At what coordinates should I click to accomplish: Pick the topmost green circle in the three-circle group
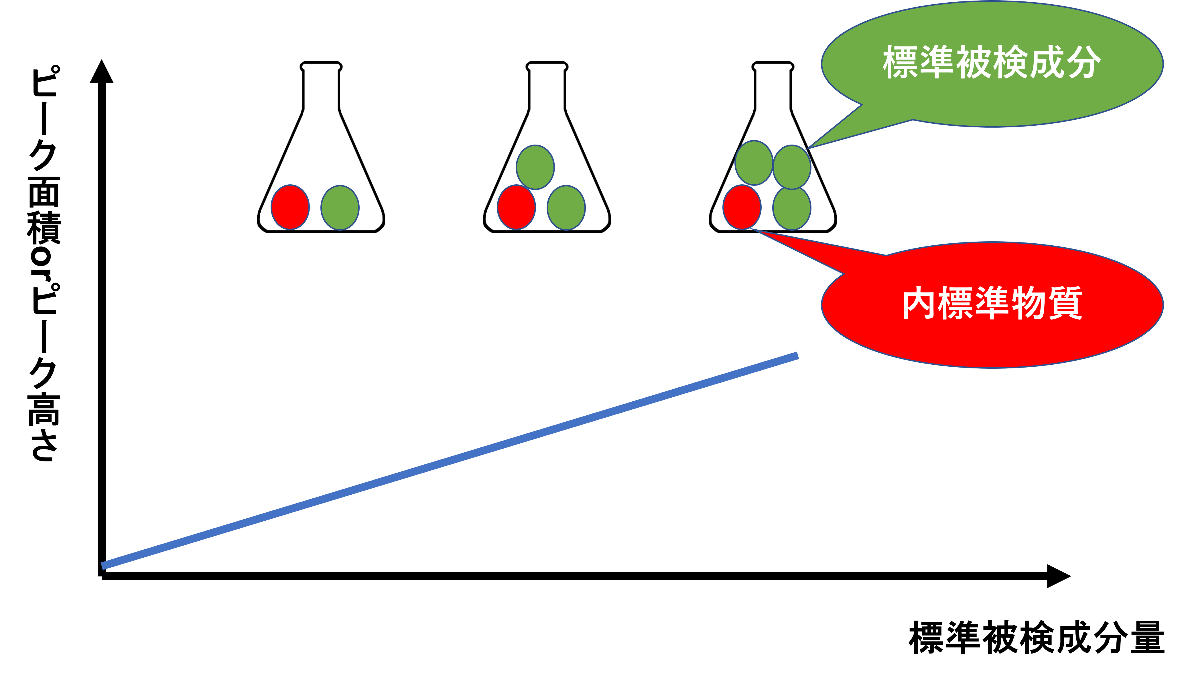535,167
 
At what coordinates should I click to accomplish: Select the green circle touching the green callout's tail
792,167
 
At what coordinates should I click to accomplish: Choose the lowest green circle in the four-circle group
792,208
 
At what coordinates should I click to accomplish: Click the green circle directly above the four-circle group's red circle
754,163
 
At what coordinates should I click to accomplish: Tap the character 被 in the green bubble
974,62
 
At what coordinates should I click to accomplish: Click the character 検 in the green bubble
1010,62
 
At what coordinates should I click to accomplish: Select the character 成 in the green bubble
1047,62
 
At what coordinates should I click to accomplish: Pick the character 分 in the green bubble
1084,62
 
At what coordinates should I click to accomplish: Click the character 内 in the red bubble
919,303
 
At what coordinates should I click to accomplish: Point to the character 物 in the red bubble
1029,303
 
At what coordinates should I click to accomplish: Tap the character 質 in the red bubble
1066,303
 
